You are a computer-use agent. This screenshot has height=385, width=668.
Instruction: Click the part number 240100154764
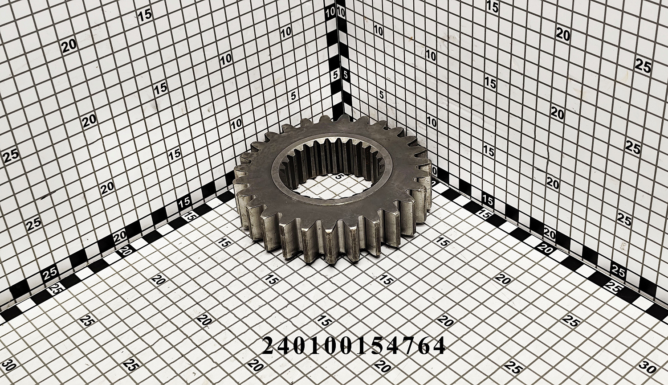tap(354, 346)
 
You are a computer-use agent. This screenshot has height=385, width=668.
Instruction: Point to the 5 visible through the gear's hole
tap(338, 177)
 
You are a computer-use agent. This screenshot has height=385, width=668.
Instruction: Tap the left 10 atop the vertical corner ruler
tap(330, 12)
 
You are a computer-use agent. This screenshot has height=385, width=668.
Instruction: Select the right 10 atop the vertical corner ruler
tap(341, 12)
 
